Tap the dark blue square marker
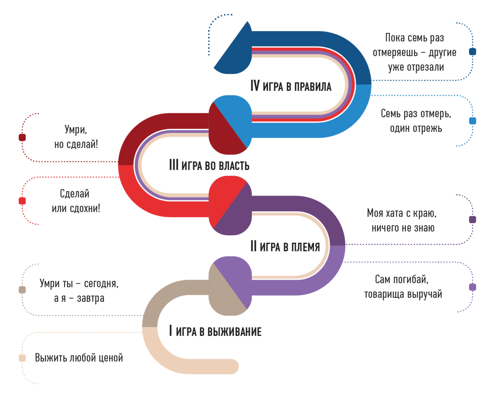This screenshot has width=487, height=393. (472, 52)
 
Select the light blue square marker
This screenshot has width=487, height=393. (472, 120)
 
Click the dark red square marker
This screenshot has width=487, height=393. (22, 137)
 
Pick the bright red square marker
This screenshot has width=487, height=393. (22, 201)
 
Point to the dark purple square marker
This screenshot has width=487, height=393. (472, 219)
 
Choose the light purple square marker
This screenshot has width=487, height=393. (472, 287)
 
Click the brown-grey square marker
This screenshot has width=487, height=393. (22, 290)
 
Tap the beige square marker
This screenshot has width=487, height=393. (22, 358)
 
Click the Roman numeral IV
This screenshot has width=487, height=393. (255, 86)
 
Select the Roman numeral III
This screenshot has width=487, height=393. (174, 165)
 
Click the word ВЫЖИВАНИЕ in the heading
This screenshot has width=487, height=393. (234, 331)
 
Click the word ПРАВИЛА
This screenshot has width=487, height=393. (313, 87)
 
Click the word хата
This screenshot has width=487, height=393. (394, 213)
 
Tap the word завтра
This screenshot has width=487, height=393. (91, 299)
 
